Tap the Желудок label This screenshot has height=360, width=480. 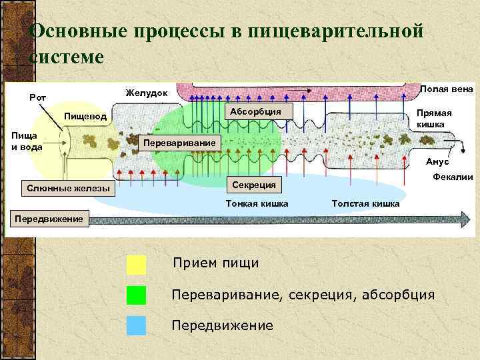[147, 92]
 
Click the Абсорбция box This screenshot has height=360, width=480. [256, 111]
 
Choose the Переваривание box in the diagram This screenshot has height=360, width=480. [181, 143]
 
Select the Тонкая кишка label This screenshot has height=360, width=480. [257, 203]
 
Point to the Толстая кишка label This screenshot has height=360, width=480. [365, 203]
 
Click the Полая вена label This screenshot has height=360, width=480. [447, 89]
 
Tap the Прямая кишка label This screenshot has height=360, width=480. [434, 119]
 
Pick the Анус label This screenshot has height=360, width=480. [437, 162]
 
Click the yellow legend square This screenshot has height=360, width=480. [136, 265]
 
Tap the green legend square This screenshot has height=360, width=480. [136, 295]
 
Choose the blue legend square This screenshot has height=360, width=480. [136, 325]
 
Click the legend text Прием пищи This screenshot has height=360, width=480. [215, 263]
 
